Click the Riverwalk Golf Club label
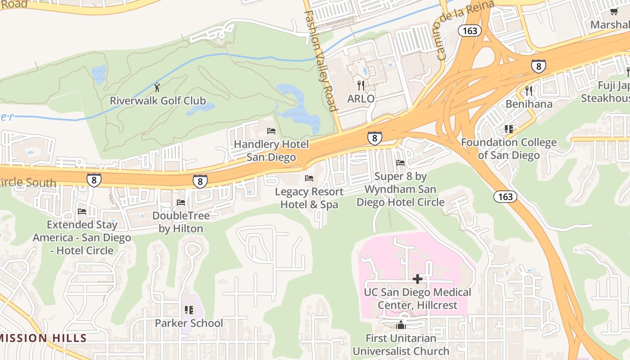[157, 100]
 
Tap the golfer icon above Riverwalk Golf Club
[157, 87]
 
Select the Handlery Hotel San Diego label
[271, 151]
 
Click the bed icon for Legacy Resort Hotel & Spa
[309, 178]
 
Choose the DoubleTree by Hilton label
[181, 222]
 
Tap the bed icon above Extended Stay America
[82, 211]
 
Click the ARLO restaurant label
[361, 99]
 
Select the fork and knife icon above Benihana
[529, 91]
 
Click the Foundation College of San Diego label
[508, 149]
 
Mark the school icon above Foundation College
[509, 130]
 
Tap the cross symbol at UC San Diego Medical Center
[418, 279]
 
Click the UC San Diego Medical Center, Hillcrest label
[418, 299]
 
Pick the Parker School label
[189, 323]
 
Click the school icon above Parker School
[189, 310]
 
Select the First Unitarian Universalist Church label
[400, 344]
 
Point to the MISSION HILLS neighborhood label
[43, 338]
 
